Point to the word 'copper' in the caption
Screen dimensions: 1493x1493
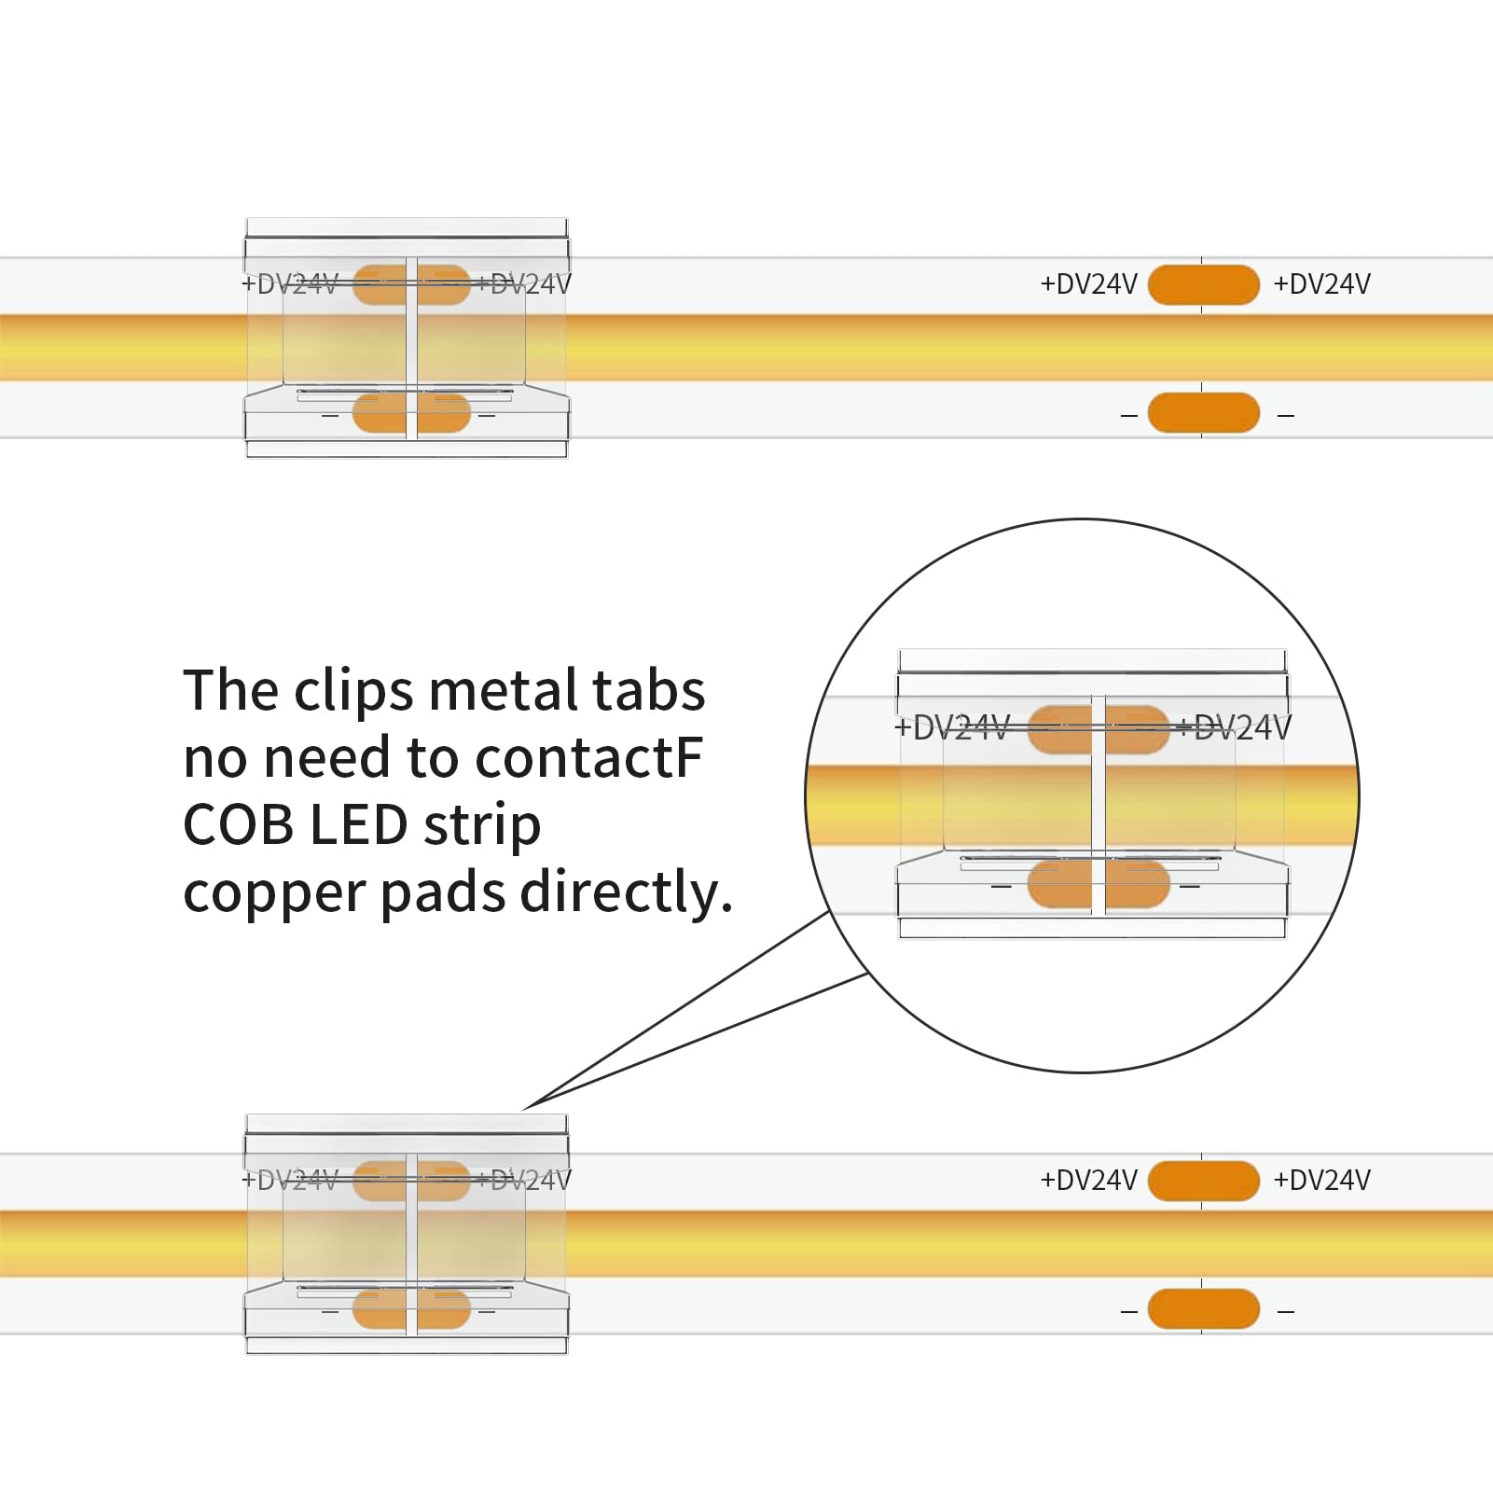tap(274, 894)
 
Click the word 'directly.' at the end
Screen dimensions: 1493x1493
tap(627, 892)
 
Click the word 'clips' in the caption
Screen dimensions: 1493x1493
tap(353, 691)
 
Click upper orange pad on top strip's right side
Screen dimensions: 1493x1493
tap(1203, 284)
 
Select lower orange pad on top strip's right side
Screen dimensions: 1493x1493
tap(1203, 413)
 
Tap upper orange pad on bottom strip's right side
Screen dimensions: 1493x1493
tap(1203, 1181)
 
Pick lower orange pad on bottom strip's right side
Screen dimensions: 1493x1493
tap(1203, 1309)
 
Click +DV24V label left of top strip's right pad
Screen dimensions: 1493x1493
tap(1088, 284)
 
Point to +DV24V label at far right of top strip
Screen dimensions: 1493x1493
tap(1321, 284)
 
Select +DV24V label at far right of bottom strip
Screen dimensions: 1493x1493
tap(1321, 1181)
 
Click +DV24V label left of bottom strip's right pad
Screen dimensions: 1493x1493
tap(1088, 1181)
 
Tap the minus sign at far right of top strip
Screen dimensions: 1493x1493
tap(1286, 416)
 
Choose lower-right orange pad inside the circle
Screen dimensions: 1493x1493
tap(1137, 884)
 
